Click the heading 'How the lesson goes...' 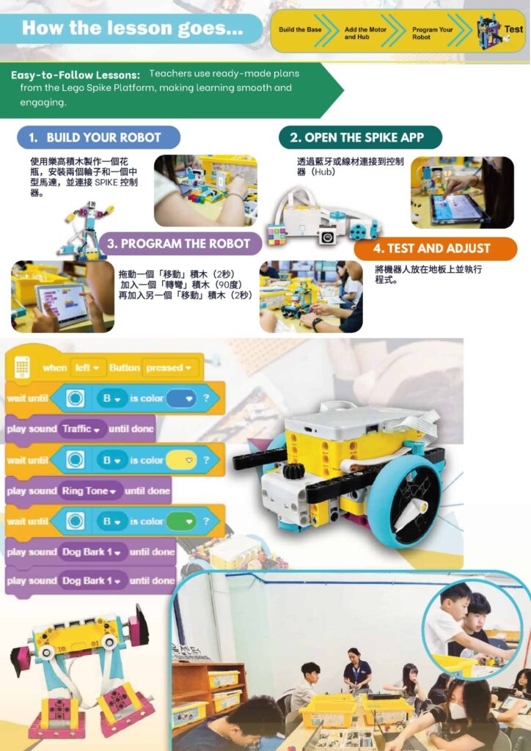[x=133, y=28]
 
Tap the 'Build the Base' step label [x=300, y=29]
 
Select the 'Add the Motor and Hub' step [x=365, y=32]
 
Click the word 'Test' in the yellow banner [x=513, y=29]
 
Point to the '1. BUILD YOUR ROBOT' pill [x=98, y=137]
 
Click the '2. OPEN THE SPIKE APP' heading [x=360, y=137]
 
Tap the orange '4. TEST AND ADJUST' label [x=435, y=249]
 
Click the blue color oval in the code [x=181, y=398]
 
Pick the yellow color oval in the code [x=181, y=461]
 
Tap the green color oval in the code [x=181, y=521]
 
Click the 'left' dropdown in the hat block [x=87, y=368]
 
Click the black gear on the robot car [x=293, y=472]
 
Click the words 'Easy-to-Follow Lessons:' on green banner [x=76, y=76]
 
